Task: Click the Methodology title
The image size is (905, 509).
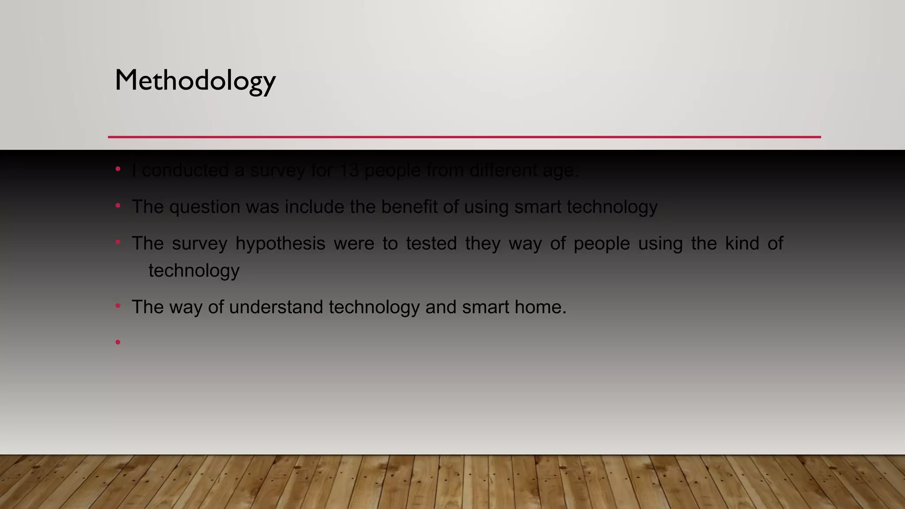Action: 195,81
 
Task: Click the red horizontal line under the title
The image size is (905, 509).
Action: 464,137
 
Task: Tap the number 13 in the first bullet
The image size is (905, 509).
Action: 349,171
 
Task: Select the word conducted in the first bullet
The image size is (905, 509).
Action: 186,171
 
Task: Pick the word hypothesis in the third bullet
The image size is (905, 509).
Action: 280,244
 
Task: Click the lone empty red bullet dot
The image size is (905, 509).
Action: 118,342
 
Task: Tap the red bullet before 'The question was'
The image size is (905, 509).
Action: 118,205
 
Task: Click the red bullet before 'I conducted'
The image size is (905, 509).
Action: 118,169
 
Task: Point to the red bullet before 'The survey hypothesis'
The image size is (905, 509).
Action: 118,242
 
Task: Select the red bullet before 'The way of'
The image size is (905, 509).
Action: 118,305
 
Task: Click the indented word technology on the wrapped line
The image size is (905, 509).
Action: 194,271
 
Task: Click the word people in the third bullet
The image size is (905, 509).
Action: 601,244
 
